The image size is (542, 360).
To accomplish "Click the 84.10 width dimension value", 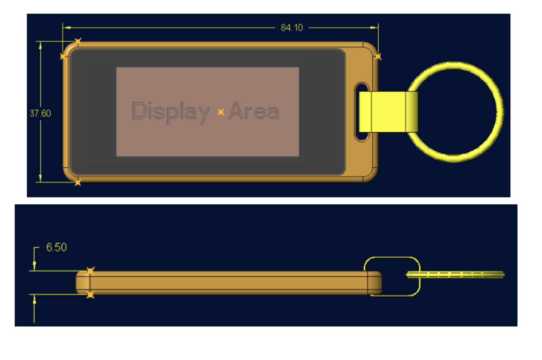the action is [x=291, y=27].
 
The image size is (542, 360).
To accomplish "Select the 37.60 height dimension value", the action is [x=40, y=113].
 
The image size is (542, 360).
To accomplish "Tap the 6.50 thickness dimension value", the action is [x=56, y=247].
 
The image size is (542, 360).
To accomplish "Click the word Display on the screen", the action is [x=171, y=112].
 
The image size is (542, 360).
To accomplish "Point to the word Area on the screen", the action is [x=254, y=111].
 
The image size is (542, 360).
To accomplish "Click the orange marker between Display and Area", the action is [x=221, y=112].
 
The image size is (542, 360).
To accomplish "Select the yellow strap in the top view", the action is [x=388, y=112].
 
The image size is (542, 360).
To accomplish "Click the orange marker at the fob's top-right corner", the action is [x=378, y=56].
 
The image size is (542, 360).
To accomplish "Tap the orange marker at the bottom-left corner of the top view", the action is [x=77, y=182].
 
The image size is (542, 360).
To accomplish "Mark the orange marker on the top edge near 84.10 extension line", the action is [x=78, y=41].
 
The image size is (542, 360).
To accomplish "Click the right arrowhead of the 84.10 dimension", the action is [x=374, y=27].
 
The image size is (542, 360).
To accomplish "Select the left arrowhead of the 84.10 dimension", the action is [x=67, y=27].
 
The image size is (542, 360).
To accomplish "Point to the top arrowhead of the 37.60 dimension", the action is [x=40, y=46].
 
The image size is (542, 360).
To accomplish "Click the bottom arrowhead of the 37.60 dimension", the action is [x=40, y=178].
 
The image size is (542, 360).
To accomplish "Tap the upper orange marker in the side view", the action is [x=91, y=271].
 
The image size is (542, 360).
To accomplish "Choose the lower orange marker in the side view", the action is [x=90, y=295].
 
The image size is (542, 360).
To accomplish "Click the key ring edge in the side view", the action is [x=455, y=275].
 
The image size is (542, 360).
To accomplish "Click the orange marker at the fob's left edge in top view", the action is [x=63, y=56].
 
